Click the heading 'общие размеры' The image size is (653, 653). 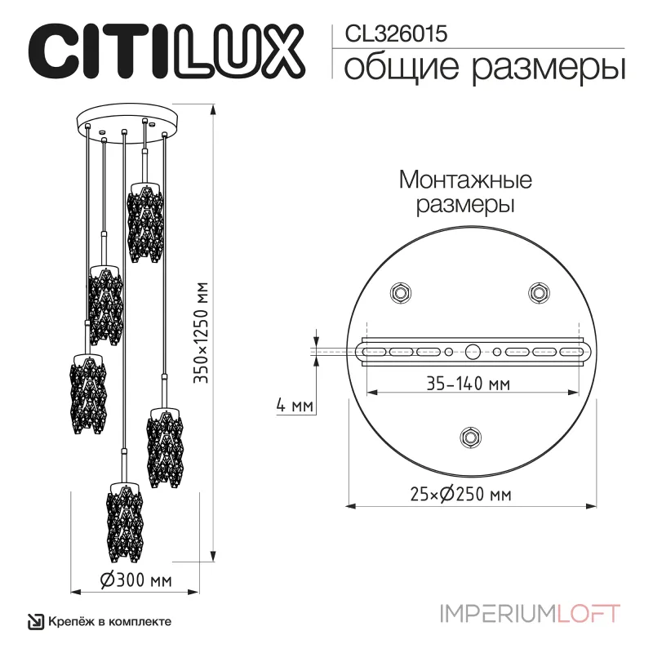[481, 67]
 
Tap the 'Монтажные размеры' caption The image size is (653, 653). [465, 191]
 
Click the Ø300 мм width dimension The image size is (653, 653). [135, 580]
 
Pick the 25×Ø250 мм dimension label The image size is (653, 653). [473, 494]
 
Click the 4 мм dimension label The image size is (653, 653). [293, 404]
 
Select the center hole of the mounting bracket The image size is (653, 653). [473, 352]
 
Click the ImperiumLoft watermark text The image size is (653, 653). [531, 612]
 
